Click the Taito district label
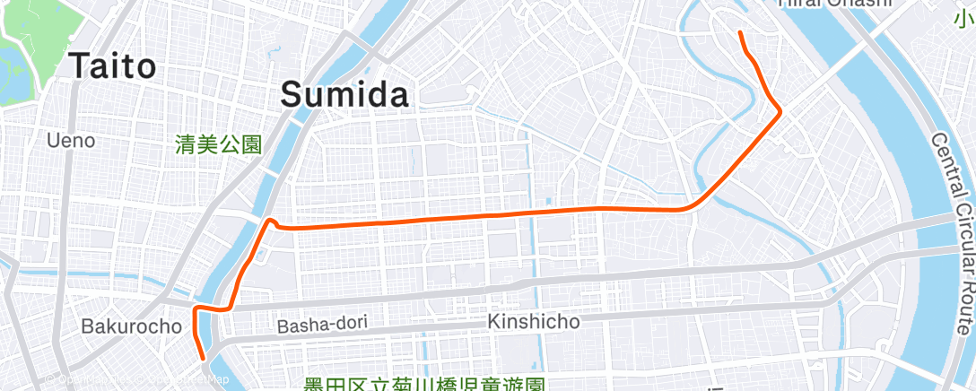point(112,65)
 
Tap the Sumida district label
point(346,94)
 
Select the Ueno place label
point(71,141)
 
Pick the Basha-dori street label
point(321,325)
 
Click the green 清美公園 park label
point(219,143)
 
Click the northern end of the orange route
point(740,33)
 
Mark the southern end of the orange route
point(205,359)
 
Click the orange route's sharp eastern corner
point(781,110)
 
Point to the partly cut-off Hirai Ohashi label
point(834,4)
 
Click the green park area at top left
point(22,63)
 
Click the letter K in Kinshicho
point(492,320)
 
